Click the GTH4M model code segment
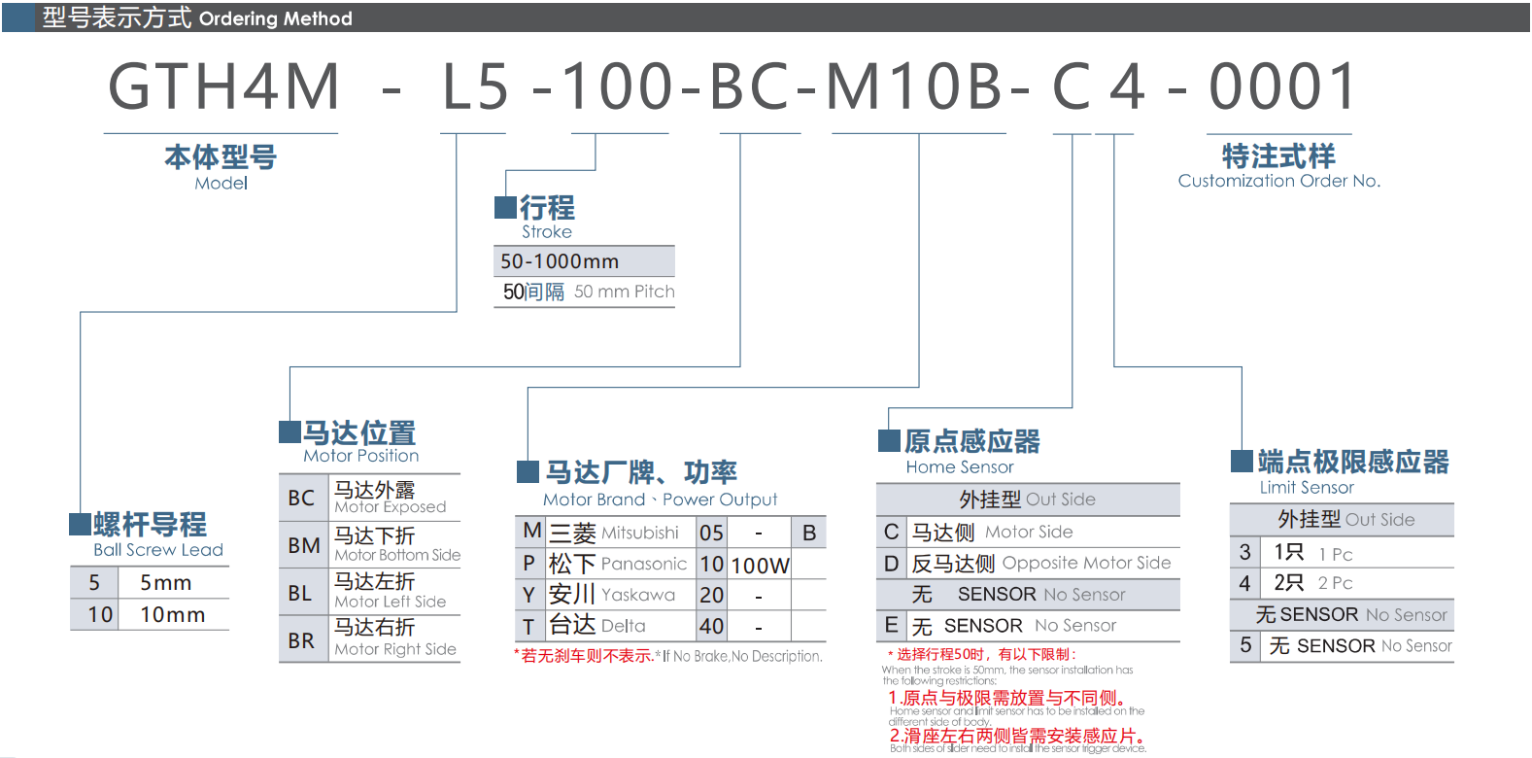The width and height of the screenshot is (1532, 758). tap(223, 86)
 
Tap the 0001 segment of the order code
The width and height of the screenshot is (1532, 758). tap(1282, 86)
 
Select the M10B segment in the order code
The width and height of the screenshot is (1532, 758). tap(914, 86)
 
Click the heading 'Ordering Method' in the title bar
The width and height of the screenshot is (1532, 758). tap(275, 18)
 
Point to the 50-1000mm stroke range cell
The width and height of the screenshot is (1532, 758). tap(560, 261)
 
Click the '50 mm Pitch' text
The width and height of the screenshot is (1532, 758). tap(624, 292)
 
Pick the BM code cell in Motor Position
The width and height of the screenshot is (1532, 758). tap(303, 546)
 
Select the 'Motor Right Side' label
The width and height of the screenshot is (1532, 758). tap(395, 649)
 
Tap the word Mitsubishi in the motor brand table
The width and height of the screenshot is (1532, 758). tap(639, 533)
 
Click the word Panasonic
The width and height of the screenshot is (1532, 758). tap(643, 564)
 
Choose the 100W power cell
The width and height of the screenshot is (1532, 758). tap(760, 566)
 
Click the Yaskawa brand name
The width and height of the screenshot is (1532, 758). tap(638, 595)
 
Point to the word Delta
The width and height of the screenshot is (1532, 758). tap(623, 626)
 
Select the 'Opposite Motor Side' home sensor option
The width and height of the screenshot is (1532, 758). tap(1086, 563)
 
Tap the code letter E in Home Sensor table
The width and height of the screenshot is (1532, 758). tap(891, 625)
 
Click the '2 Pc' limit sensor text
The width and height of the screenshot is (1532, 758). tap(1335, 583)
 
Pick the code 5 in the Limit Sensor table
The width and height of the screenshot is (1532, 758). tap(1245, 645)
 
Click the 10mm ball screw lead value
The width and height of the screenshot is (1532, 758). tap(172, 615)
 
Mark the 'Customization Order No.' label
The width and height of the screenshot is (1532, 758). tap(1278, 181)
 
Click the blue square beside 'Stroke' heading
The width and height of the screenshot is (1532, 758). tap(505, 207)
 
